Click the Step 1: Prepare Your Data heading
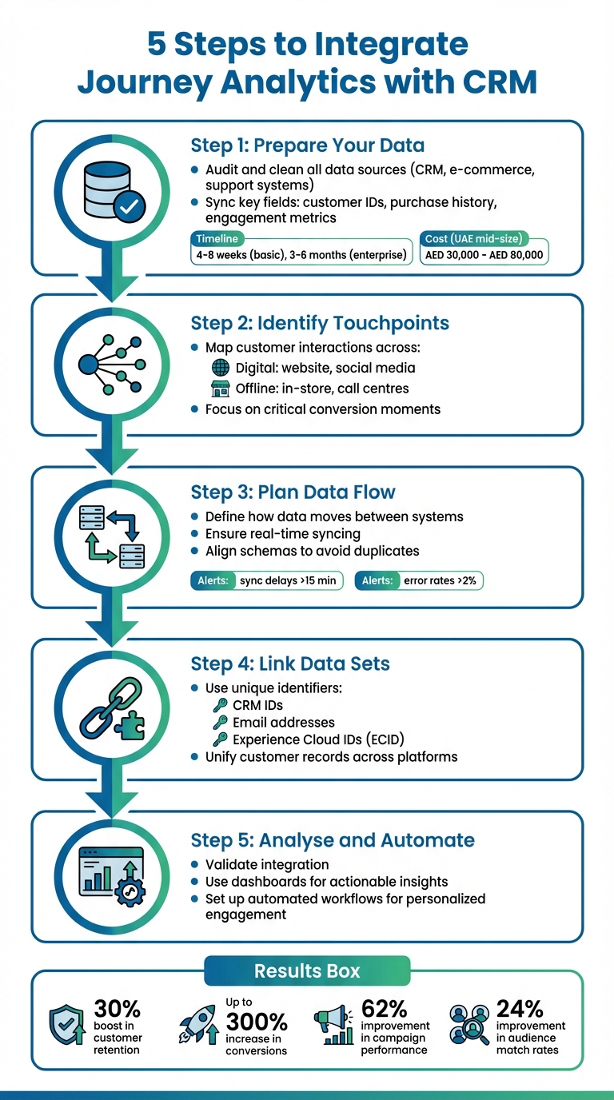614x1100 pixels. pyautogui.click(x=307, y=145)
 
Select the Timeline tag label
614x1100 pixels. pyautogui.click(x=217, y=239)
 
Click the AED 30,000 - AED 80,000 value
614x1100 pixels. pyautogui.click(x=484, y=255)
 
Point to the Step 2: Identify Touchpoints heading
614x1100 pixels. pyautogui.click(x=320, y=323)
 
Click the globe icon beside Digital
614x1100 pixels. pyautogui.click(x=219, y=368)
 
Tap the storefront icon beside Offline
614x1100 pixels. pyautogui.click(x=219, y=389)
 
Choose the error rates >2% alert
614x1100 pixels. pyautogui.click(x=420, y=580)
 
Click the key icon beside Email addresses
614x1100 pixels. pyautogui.click(x=219, y=723)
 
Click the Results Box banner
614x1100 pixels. pyautogui.click(x=307, y=971)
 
